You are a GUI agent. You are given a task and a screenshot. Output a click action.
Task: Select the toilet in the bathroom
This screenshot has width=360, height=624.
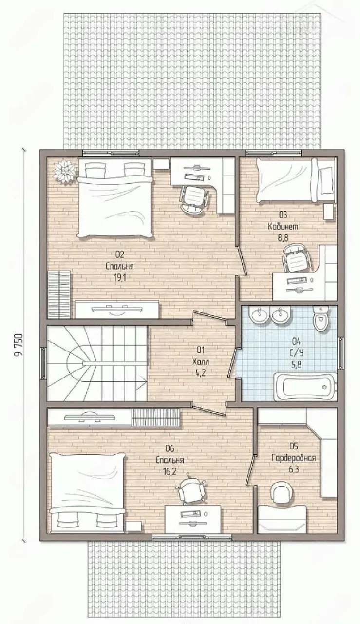(x=321, y=319)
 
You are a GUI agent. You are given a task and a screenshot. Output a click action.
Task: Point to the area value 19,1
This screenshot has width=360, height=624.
(x=119, y=278)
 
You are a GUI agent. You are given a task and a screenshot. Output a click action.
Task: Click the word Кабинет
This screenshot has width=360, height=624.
(x=283, y=227)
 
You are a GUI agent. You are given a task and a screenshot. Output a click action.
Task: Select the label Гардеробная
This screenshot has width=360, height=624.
(x=294, y=458)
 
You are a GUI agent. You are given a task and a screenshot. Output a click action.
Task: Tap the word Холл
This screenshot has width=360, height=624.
(x=201, y=362)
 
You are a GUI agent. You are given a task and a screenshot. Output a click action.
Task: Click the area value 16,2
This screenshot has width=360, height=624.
(x=170, y=470)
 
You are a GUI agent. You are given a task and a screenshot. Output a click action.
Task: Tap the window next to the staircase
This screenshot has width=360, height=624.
(x=43, y=363)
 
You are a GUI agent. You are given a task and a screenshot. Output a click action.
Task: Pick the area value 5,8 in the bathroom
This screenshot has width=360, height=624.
(x=297, y=364)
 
